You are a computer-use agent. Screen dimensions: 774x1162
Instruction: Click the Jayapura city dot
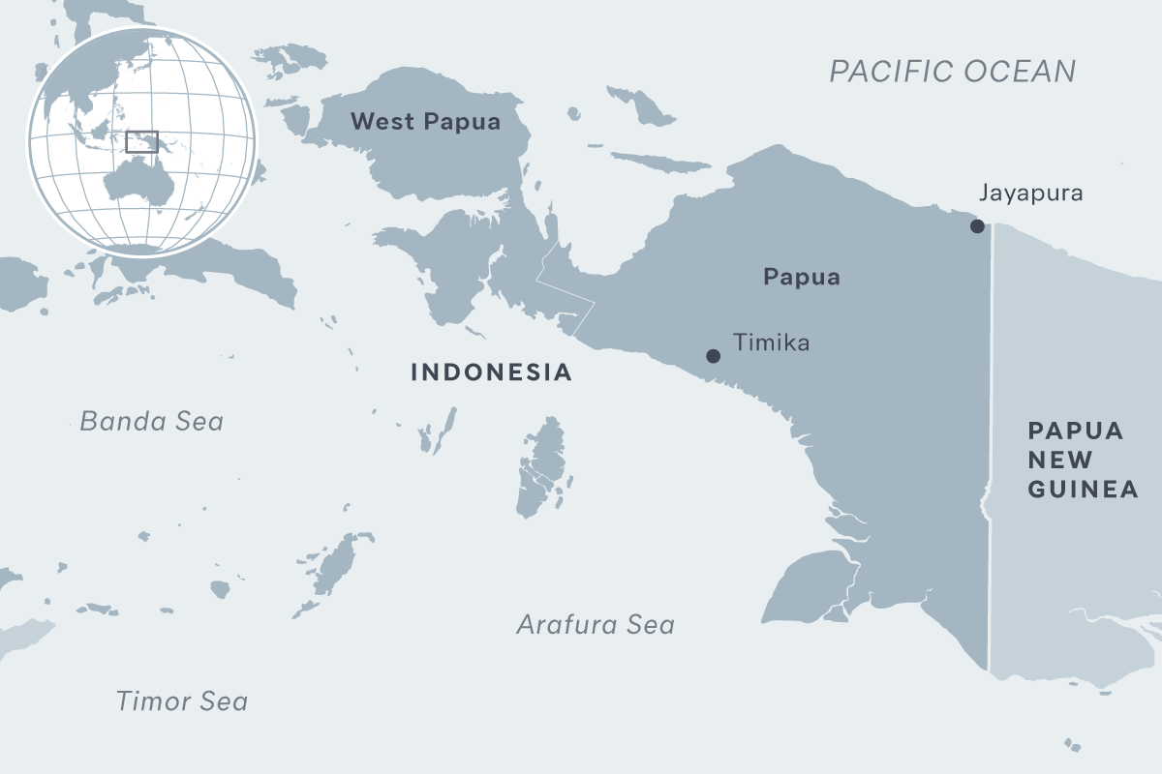977,226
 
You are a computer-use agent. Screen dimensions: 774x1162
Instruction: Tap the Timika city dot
714,356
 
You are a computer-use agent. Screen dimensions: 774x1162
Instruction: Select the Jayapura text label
1030,193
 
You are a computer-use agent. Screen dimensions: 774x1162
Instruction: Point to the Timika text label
771,342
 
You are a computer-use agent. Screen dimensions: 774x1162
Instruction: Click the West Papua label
425,122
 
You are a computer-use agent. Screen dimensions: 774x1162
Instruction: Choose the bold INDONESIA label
491,372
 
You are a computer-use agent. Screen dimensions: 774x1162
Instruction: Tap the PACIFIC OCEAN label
953,72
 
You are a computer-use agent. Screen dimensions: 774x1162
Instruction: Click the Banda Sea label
151,422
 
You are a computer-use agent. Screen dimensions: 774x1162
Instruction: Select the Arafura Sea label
595,625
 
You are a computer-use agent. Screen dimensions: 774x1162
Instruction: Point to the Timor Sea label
181,701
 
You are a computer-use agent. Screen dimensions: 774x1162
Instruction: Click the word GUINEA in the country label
1083,490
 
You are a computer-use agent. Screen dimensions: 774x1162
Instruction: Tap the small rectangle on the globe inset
141,141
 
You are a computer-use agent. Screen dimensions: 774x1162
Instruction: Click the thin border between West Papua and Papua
566,290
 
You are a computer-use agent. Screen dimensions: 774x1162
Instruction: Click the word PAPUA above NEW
1075,432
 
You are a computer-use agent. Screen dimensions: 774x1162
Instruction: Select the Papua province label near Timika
801,278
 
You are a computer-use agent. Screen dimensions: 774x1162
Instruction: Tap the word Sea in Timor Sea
223,701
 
